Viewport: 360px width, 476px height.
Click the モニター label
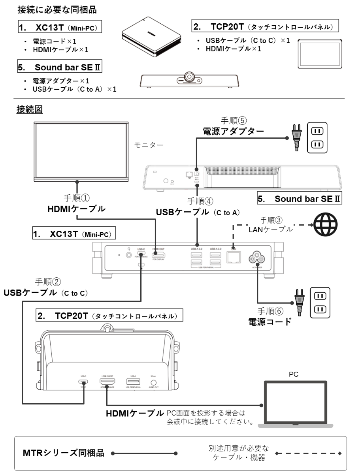[149, 145]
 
